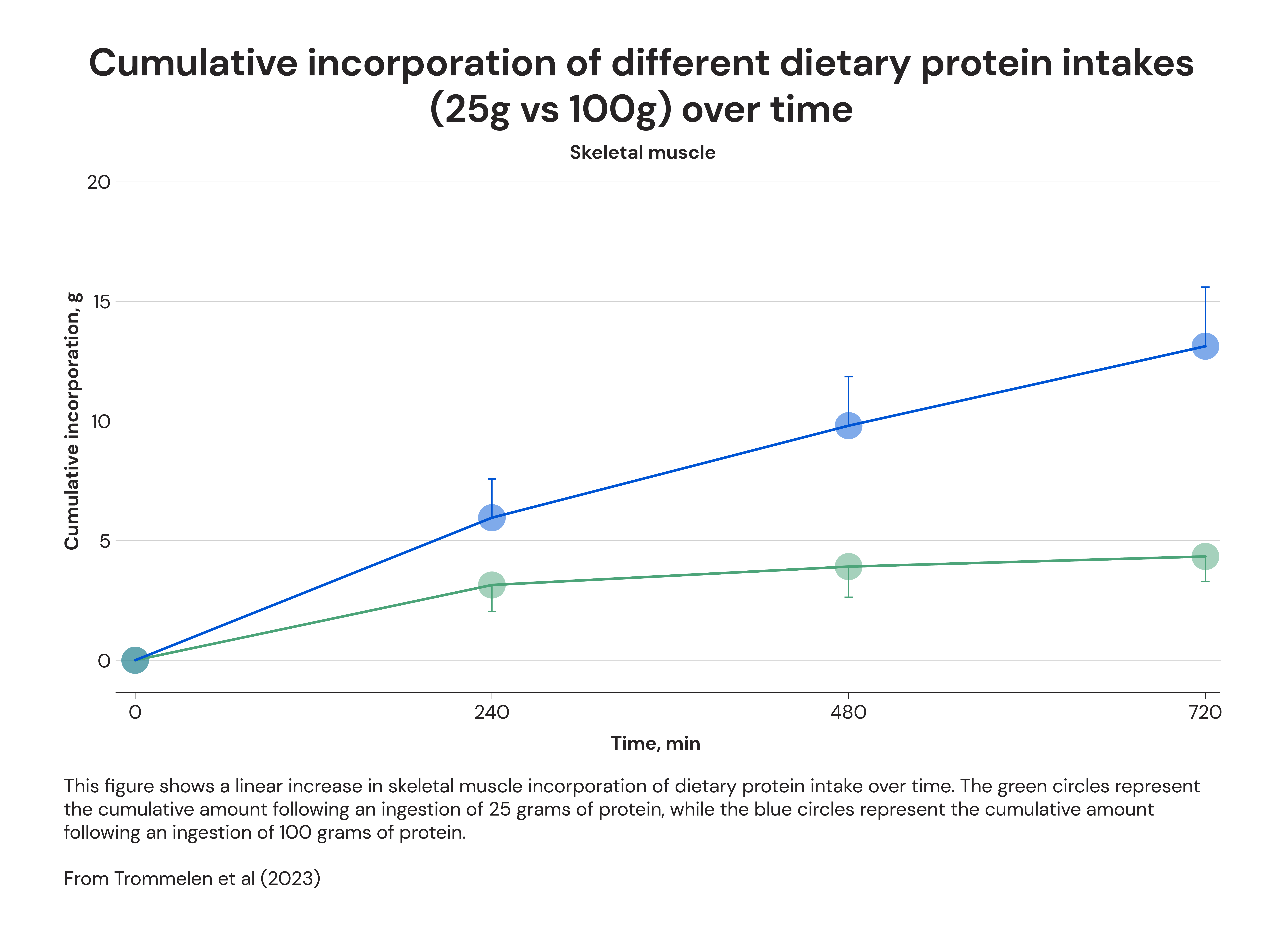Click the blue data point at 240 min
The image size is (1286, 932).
coord(492,518)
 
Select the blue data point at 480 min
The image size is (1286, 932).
coord(848,425)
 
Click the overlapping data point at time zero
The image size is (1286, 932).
coord(135,660)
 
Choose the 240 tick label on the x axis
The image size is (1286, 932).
coord(492,712)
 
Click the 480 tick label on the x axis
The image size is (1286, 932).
coord(848,712)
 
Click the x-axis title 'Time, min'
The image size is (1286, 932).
coord(655,743)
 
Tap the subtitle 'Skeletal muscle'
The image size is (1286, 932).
coord(642,153)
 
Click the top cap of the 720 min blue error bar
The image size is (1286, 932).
coord(1205,287)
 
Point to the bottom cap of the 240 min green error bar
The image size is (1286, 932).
coord(492,611)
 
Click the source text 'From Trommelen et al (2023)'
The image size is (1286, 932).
coord(192,878)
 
